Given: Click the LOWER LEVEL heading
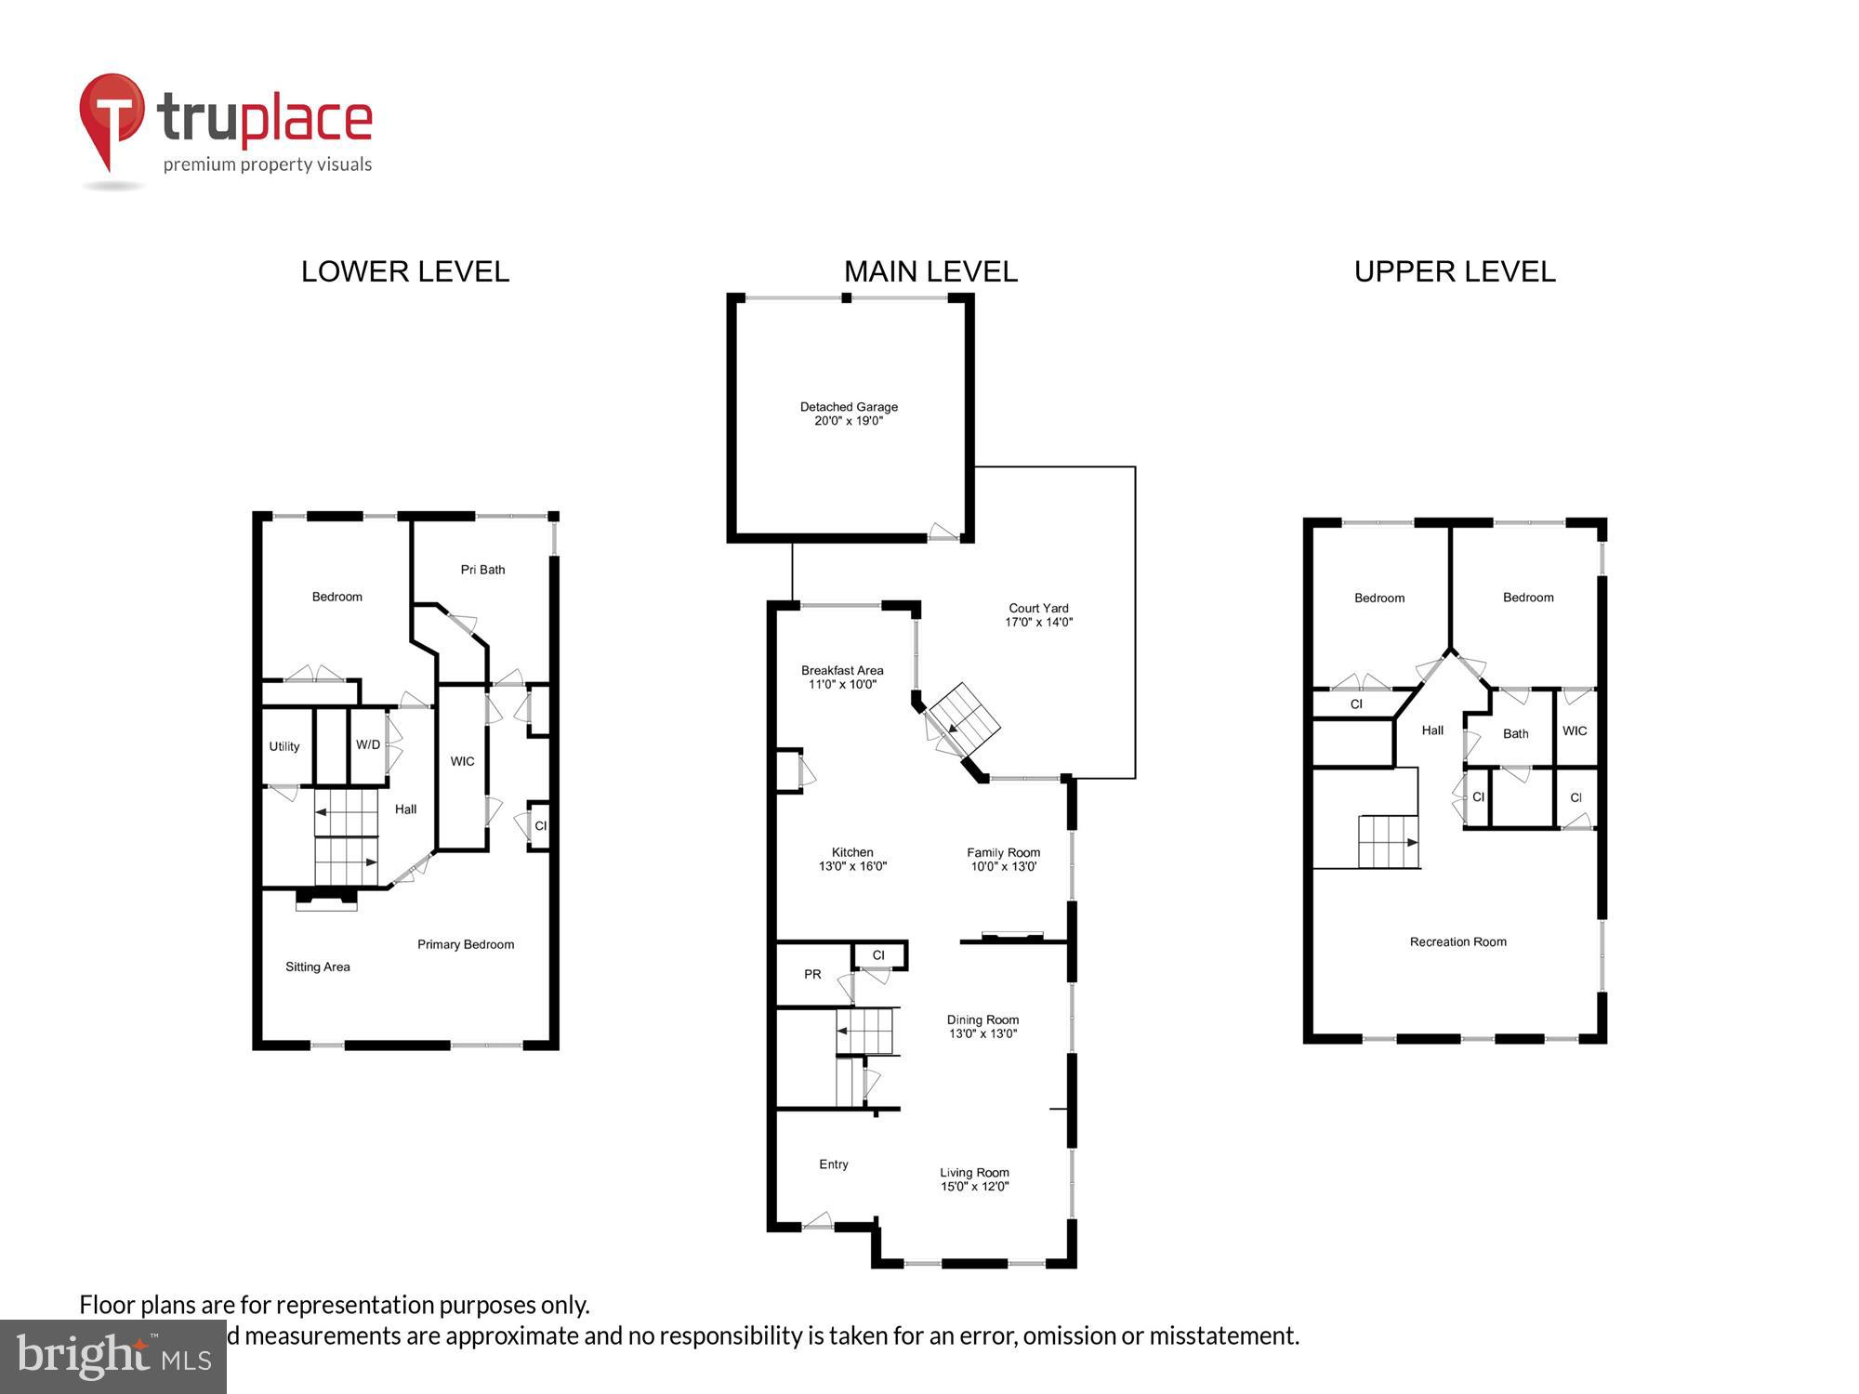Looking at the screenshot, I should point(405,271).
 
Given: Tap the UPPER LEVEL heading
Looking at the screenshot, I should point(1455,271).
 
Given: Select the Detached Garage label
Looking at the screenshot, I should point(849,414).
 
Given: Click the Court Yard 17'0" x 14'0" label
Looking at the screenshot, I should point(1038,615).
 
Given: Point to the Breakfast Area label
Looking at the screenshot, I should point(842,677).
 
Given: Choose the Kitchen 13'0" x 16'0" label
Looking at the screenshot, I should point(852,859).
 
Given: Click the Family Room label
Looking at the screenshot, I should point(1003,859).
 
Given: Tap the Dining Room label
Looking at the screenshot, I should point(982,1026).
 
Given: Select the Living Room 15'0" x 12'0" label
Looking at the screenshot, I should point(974,1179).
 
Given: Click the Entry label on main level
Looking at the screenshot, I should point(834,1164).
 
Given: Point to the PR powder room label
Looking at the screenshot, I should point(812,975).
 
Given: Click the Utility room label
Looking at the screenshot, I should point(284,746).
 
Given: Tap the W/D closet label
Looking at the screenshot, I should point(368,744).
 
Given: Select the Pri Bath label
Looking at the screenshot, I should point(482,570).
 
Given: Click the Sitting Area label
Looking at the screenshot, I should point(318,967).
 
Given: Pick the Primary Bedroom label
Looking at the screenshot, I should point(466,944).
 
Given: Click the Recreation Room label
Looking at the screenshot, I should point(1457,941).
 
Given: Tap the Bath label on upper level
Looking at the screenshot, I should point(1515,733).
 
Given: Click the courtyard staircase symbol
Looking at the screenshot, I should point(965,719).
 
